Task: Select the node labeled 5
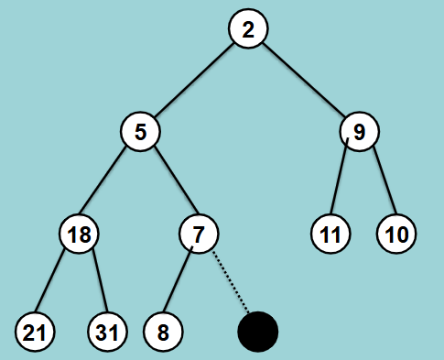(140, 132)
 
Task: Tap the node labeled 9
(359, 132)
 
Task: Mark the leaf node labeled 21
(34, 331)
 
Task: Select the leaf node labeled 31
(107, 331)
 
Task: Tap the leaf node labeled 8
(163, 331)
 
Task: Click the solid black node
(257, 331)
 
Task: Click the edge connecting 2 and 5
(194, 81)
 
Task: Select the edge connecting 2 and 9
(303, 81)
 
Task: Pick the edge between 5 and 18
(110, 182)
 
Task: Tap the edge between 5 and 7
(169, 182)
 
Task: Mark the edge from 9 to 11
(343, 184)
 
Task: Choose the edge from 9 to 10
(379, 182)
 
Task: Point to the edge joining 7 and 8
(180, 283)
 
